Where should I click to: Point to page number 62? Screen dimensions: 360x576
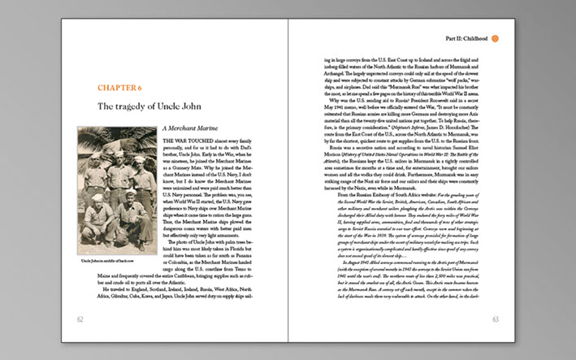coord(80,319)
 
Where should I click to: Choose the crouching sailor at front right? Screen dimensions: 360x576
coord(133,221)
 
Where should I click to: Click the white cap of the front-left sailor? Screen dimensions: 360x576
coord(98,198)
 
